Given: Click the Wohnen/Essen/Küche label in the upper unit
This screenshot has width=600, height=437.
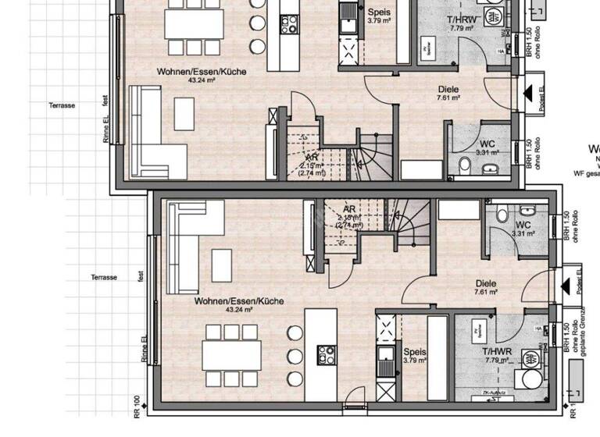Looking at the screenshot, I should pyautogui.click(x=202, y=72).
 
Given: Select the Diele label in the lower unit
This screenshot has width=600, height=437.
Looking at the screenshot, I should pyautogui.click(x=486, y=284).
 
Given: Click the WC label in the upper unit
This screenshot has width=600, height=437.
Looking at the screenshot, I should pyautogui.click(x=487, y=144).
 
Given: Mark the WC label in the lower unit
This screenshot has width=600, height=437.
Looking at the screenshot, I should pyautogui.click(x=523, y=225).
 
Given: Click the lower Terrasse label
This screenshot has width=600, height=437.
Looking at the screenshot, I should pyautogui.click(x=103, y=277).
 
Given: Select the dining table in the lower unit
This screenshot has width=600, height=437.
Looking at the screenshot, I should pyautogui.click(x=231, y=354).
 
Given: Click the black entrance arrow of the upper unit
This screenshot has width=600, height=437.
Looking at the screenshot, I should pyautogui.click(x=530, y=94).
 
